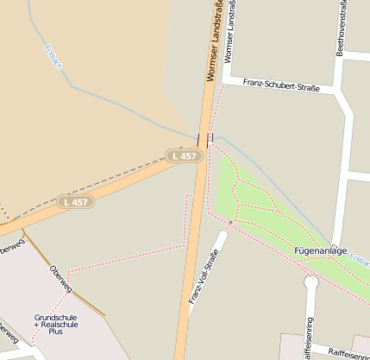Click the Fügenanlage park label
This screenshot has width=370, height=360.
pyautogui.click(x=321, y=251)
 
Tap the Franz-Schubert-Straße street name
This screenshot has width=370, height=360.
pyautogui.click(x=281, y=85)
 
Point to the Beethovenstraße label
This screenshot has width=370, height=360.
pyautogui.click(x=342, y=31)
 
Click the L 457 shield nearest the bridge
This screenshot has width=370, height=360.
pyautogui.click(x=184, y=155)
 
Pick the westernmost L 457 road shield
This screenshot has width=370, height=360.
pyautogui.click(x=75, y=202)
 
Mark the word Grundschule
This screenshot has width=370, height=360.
pyautogui.click(x=55, y=317)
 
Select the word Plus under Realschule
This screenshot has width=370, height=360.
pyautogui.click(x=56, y=332)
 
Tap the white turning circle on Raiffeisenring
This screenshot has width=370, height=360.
pyautogui.click(x=311, y=281)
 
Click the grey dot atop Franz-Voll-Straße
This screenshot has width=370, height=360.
pyautogui.click(x=230, y=223)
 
